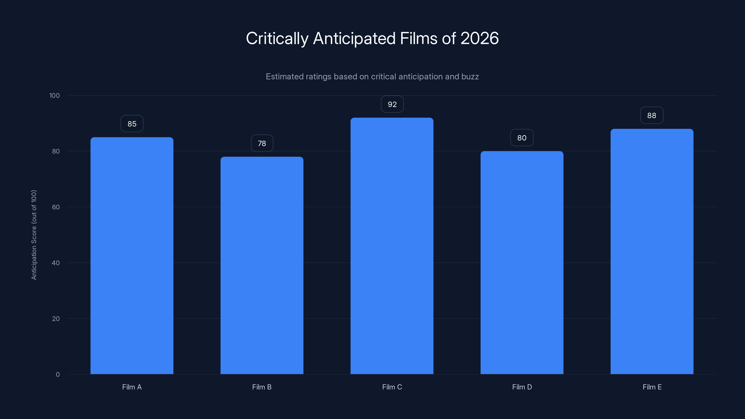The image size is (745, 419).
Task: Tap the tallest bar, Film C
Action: coord(392,246)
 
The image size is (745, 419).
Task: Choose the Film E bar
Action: coord(652,251)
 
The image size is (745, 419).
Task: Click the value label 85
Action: coord(132,124)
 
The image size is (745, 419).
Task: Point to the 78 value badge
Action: coord(262,143)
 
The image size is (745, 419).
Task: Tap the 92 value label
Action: coord(392,104)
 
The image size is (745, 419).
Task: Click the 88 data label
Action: coord(652,116)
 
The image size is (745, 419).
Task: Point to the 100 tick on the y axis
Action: coord(54,96)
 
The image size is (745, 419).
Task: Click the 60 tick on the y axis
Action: coord(56,207)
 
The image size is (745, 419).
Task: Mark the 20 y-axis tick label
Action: coord(56,319)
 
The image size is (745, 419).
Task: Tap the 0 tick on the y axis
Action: coord(58,375)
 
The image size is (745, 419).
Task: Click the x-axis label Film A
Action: coord(132,387)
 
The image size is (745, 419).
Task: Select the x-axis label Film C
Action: coord(392,387)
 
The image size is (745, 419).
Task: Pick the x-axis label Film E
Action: coord(652,387)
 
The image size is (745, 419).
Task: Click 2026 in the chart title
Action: coord(480,38)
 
